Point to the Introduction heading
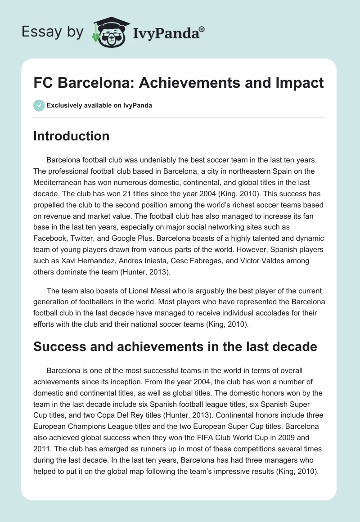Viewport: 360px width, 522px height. tap(71, 136)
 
